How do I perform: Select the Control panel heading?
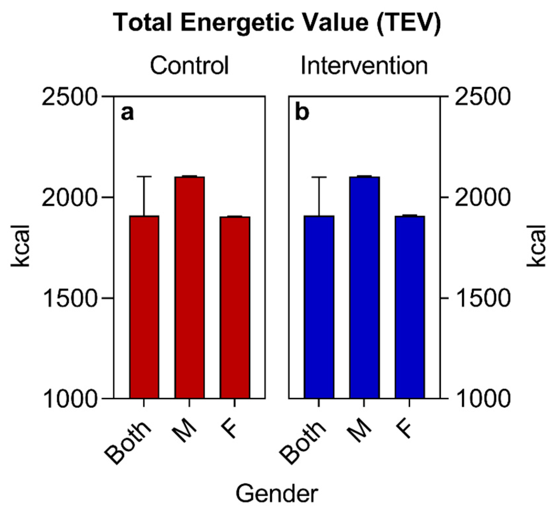189,65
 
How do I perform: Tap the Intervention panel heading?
364,65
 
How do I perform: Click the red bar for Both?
144,307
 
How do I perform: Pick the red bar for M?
190,287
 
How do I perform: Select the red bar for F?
235,307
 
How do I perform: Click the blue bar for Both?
319,307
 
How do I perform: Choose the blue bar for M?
364,287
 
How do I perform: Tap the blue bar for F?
410,307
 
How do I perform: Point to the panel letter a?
127,113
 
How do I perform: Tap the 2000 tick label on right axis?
482,197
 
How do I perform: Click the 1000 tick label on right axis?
482,399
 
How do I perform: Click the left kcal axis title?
20,246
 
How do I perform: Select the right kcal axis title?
536,246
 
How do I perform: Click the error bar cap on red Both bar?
144,176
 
